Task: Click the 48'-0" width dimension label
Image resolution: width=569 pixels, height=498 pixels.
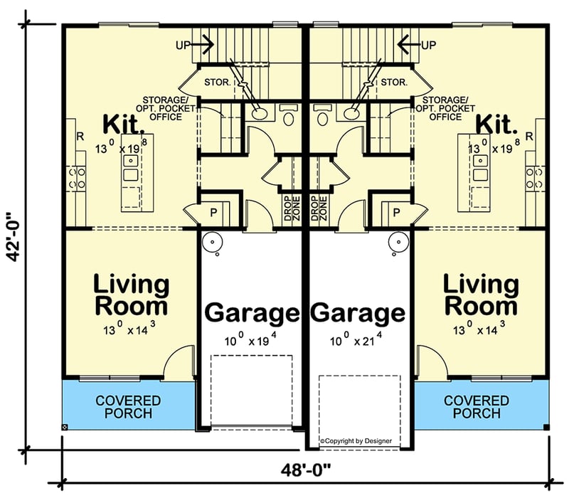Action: [x=307, y=471]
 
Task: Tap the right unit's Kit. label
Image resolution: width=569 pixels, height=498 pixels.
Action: [x=496, y=125]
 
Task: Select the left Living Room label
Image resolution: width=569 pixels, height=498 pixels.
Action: [x=132, y=295]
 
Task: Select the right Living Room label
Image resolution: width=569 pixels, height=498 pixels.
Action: [x=482, y=295]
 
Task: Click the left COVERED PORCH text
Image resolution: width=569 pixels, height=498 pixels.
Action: [x=128, y=407]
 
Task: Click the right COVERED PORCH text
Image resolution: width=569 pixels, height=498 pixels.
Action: [x=477, y=407]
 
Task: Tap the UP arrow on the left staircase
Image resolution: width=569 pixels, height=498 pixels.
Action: [x=203, y=45]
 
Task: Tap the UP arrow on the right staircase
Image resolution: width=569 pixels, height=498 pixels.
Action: [x=410, y=45]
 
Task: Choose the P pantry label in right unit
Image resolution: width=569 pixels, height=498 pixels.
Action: [x=396, y=212]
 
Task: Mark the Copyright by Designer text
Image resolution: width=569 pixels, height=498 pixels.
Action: [x=356, y=441]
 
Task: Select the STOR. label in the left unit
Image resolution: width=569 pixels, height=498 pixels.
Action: [x=218, y=83]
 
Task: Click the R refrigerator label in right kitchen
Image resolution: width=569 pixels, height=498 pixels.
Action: [x=528, y=137]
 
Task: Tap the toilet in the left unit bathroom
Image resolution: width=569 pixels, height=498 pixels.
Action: [x=289, y=116]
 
